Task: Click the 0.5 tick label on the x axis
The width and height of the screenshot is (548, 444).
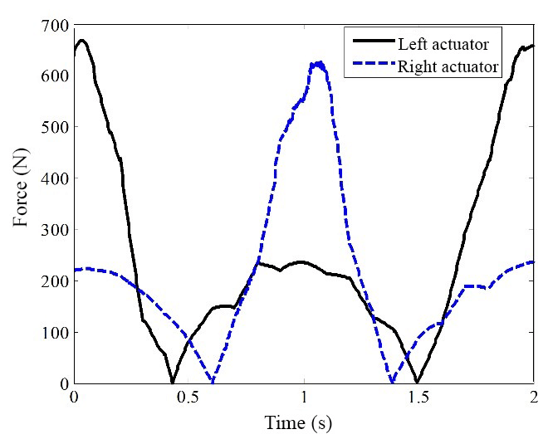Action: pyautogui.click(x=189, y=398)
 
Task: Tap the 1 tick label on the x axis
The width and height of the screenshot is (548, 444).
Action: pyautogui.click(x=305, y=398)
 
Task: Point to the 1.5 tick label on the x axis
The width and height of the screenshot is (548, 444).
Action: pyautogui.click(x=418, y=398)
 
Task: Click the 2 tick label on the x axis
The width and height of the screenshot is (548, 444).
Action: pyautogui.click(x=533, y=398)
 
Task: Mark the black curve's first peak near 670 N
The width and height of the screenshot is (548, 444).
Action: pyautogui.click(x=81, y=40)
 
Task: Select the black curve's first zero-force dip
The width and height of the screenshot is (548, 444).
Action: pyautogui.click(x=173, y=382)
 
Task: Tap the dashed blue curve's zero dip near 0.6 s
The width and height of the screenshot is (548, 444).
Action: pyautogui.click(x=213, y=383)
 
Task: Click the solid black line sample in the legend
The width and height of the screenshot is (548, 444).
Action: pyautogui.click(x=371, y=43)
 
